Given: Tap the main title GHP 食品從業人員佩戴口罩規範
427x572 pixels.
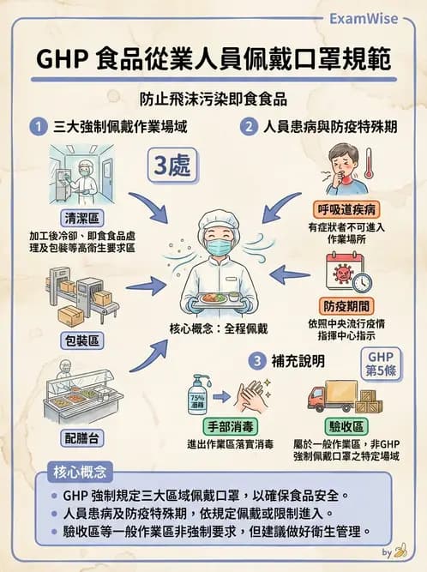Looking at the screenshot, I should [x=213, y=59].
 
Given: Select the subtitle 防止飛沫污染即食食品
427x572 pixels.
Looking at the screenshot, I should [x=213, y=99].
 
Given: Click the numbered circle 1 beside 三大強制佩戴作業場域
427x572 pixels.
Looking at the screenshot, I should [x=38, y=128].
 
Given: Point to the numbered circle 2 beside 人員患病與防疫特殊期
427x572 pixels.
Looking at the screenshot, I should [x=249, y=128].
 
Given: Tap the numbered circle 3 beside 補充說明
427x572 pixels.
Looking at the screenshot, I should [x=256, y=361].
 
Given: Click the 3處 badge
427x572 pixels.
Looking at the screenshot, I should [x=171, y=165].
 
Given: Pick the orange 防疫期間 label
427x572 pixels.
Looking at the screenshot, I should [x=346, y=304].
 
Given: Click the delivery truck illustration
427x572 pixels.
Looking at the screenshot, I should [x=336, y=395].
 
